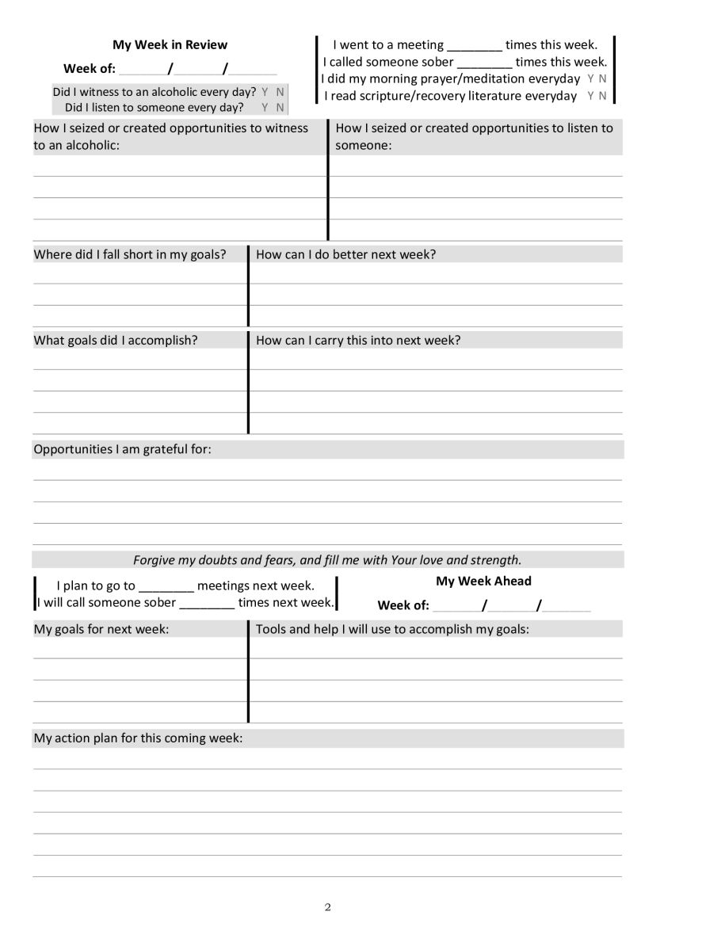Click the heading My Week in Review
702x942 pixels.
[170, 45]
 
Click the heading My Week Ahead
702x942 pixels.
[483, 581]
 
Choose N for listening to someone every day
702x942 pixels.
[280, 108]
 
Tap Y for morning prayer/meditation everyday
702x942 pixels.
[591, 78]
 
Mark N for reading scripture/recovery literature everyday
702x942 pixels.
[603, 96]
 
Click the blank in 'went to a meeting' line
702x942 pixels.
[475, 46]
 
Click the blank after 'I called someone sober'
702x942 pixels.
[485, 63]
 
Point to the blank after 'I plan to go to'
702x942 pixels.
[166, 587]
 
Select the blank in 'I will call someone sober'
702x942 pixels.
[207, 603]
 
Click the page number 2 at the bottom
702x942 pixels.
[328, 907]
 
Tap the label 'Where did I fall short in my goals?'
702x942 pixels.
[130, 254]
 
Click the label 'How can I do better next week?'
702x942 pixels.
[346, 254]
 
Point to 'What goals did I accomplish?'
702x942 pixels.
[116, 341]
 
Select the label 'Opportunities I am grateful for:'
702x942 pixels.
[123, 449]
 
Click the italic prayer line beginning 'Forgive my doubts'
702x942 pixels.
[327, 560]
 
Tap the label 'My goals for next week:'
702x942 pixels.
[101, 629]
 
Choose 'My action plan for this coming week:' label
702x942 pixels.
[138, 738]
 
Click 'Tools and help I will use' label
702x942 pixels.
[392, 629]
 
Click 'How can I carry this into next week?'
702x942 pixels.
[358, 341]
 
